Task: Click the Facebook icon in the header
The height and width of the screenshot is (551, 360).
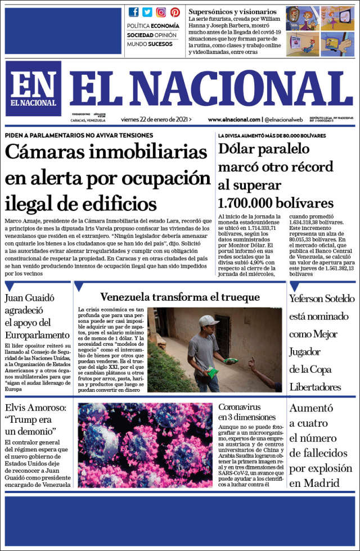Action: pos(133,12)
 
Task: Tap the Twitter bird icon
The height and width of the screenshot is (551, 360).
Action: pos(147,12)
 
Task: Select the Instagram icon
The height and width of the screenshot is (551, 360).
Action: pos(161,12)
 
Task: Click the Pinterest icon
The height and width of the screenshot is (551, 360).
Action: pos(175,12)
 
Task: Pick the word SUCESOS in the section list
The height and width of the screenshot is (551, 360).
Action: pos(160,44)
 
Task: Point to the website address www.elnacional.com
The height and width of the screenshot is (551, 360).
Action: pos(233,119)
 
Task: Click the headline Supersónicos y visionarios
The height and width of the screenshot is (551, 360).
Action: pos(232,11)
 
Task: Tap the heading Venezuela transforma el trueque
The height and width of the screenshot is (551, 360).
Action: pos(180,297)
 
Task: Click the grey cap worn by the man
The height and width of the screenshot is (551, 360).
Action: pos(209,320)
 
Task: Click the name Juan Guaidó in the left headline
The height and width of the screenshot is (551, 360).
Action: pos(29,299)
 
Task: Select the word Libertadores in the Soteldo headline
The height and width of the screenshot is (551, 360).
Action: pos(316,387)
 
